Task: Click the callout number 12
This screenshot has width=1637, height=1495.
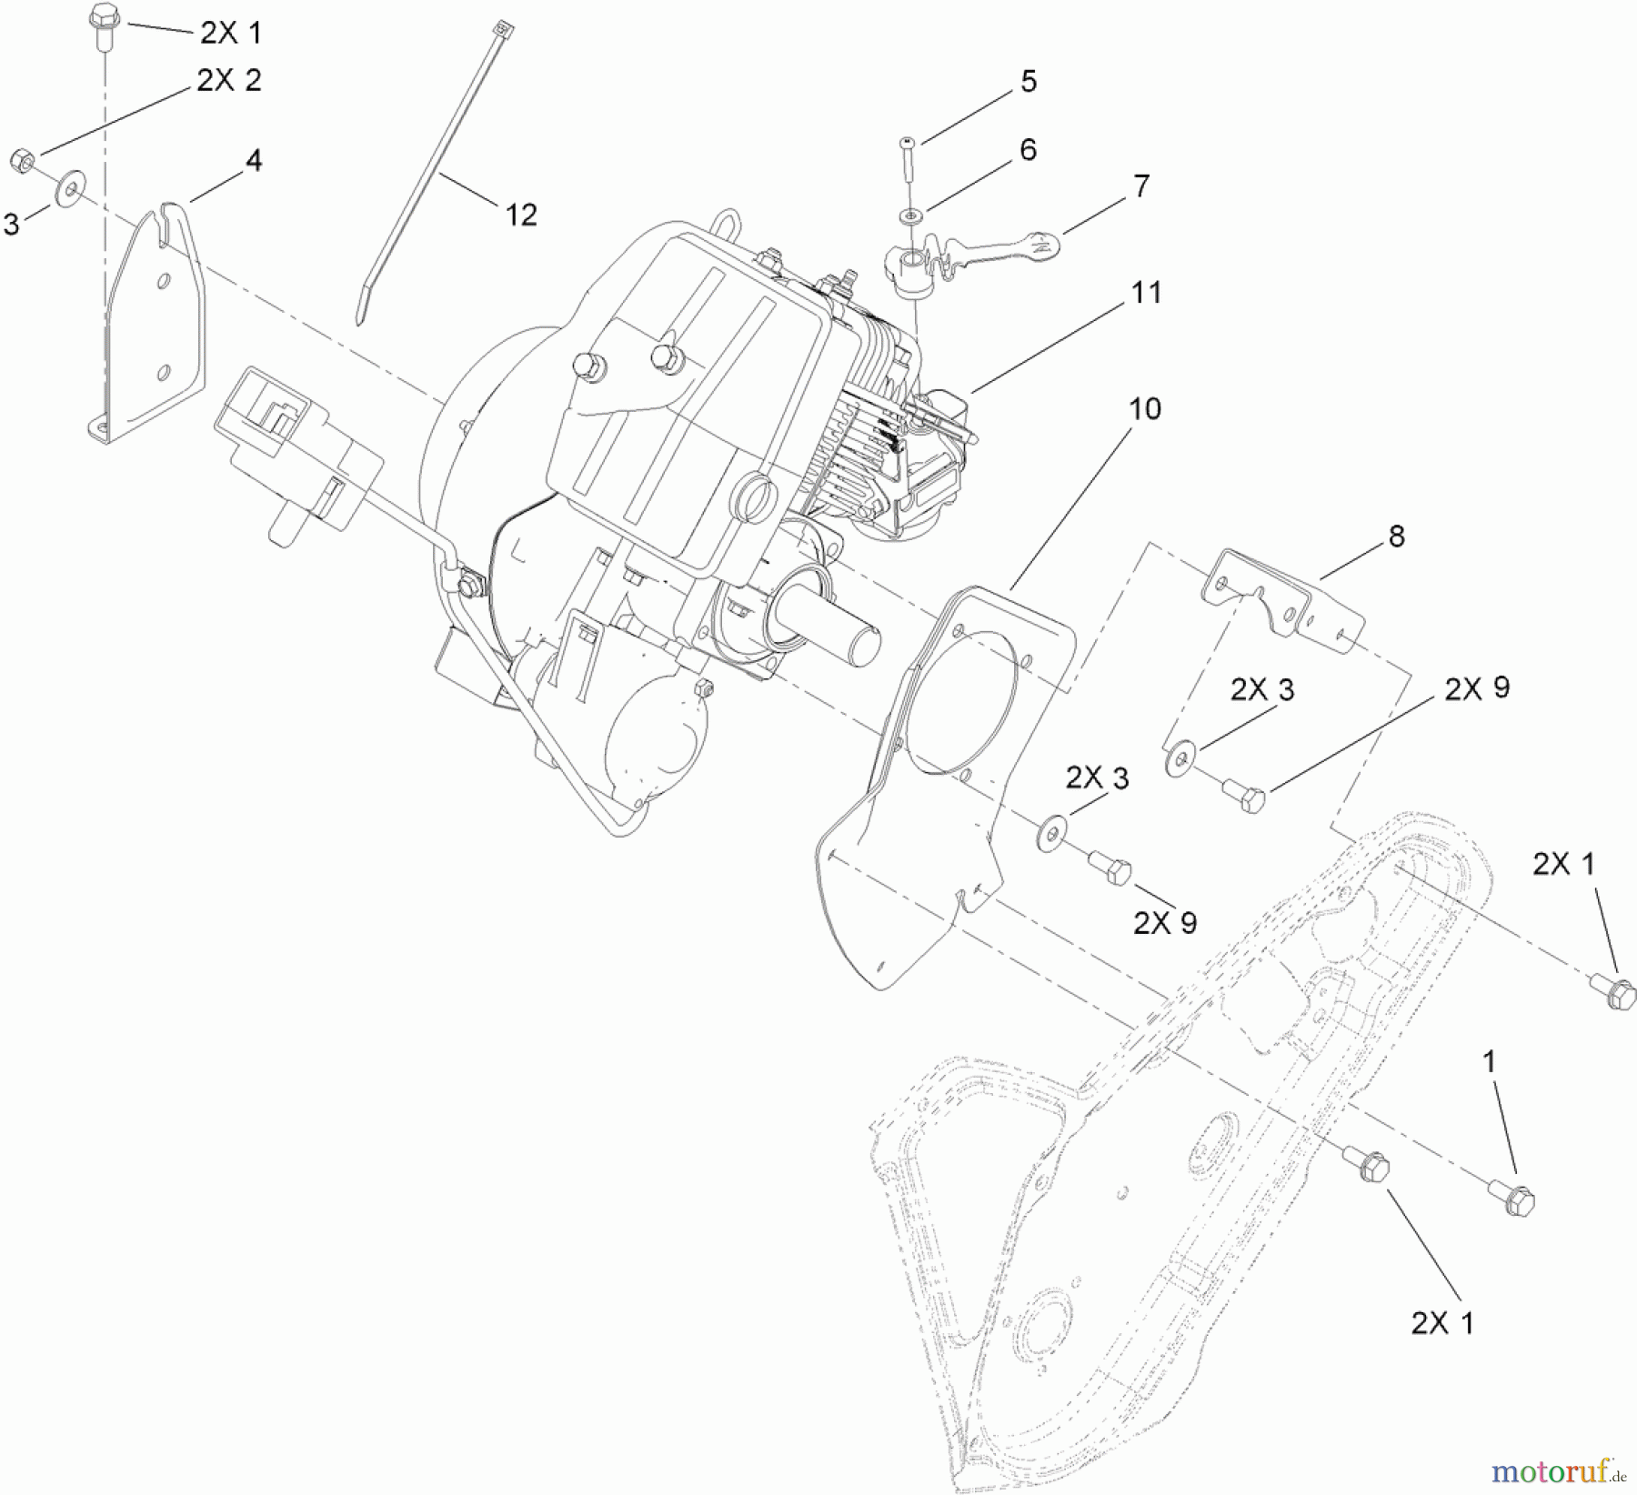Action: [x=521, y=216]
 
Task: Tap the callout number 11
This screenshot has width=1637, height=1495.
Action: [x=1146, y=293]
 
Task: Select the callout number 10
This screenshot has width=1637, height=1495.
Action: [x=1145, y=409]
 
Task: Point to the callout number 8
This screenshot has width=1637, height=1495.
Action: [x=1396, y=537]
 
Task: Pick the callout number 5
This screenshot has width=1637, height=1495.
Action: [x=1029, y=82]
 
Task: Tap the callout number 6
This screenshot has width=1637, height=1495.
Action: [x=1028, y=150]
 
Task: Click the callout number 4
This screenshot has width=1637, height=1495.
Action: [x=254, y=161]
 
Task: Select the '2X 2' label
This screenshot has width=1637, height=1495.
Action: [x=228, y=81]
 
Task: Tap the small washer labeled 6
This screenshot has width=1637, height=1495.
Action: [x=909, y=216]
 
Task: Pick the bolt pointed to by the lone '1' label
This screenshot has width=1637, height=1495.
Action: [x=1513, y=1199]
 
